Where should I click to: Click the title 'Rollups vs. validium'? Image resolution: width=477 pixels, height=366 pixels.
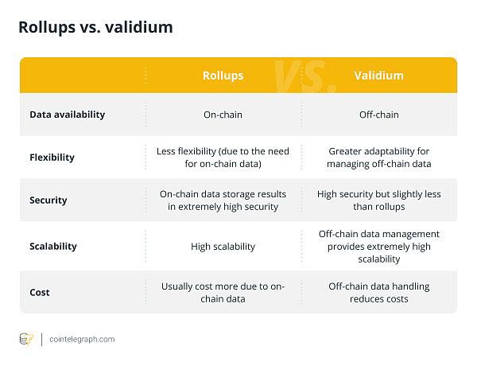pos(95,28)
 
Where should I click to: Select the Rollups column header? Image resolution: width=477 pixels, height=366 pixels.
pos(223,76)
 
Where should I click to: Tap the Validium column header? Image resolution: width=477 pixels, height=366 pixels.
pos(379,76)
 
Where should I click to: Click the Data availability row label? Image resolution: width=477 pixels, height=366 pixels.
pos(67,115)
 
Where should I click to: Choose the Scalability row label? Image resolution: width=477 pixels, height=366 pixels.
pos(53,247)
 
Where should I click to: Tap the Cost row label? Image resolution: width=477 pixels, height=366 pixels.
pos(40,292)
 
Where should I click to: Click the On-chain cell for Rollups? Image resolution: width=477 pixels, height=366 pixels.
pos(223,115)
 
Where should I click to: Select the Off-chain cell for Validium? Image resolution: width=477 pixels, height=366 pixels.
pos(379,115)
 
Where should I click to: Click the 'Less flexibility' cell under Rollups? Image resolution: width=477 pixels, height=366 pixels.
pos(223,158)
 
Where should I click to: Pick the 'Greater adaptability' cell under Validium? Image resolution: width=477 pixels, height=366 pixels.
pos(379,158)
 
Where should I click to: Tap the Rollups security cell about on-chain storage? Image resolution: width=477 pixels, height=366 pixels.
pos(223,201)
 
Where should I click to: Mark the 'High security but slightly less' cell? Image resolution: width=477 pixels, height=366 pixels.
pos(379,201)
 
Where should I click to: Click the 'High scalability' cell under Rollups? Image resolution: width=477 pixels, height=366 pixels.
pos(223,247)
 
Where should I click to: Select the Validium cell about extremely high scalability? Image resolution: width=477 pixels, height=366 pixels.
pos(379,247)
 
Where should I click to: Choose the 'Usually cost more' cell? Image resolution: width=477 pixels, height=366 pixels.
pos(223,292)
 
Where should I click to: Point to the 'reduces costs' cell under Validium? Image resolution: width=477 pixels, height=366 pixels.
pos(379,292)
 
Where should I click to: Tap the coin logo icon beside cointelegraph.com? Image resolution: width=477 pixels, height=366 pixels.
pos(26,339)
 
